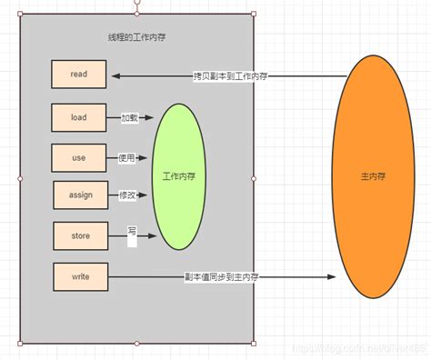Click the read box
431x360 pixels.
79,75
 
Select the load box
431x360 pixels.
79,117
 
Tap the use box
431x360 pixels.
79,157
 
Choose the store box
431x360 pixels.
79,235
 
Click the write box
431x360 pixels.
79,275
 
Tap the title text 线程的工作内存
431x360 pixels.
135,37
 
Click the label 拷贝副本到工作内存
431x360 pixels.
231,75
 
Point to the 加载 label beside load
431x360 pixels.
130,117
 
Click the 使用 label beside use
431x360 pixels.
126,157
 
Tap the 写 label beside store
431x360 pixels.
132,231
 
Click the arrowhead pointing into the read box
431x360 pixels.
113,75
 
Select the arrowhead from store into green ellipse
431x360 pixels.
155,236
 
